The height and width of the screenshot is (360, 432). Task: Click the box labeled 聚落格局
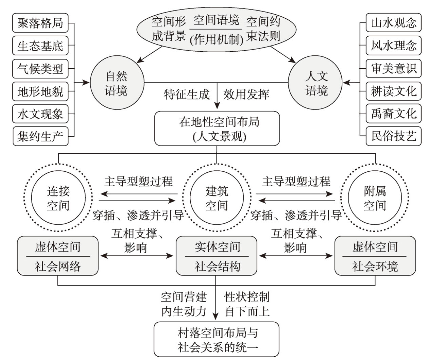pos(40,23)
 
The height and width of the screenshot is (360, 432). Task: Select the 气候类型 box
pos(40,69)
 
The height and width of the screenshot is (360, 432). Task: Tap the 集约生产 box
pos(40,136)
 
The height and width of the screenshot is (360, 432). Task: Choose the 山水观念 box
pos(393,23)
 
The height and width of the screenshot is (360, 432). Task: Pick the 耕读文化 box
pos(393,91)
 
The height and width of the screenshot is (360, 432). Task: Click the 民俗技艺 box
pos(393,136)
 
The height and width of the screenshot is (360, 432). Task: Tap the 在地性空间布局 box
pos(217,129)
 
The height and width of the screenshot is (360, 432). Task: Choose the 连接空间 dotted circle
pos(58,198)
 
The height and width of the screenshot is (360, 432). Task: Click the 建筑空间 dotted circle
pos(217,198)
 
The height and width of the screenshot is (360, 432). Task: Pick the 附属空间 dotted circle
pos(375,198)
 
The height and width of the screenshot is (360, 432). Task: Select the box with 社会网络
pos(58,256)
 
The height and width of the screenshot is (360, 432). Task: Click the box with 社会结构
pos(217,256)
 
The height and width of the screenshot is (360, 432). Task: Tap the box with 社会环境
pos(375,256)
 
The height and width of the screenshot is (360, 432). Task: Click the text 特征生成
pos(187,94)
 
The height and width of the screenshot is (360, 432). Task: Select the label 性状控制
pos(247,297)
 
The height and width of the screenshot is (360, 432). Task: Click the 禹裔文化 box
pos(393,114)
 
